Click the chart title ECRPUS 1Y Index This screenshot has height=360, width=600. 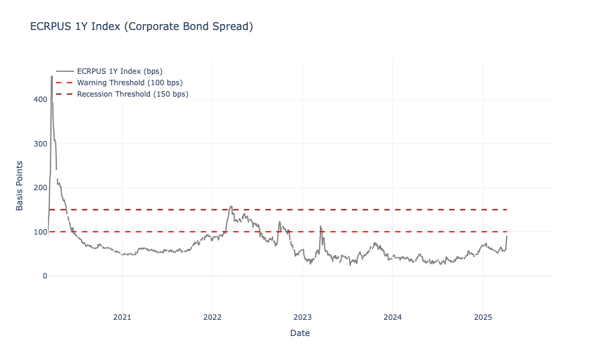pos(142,26)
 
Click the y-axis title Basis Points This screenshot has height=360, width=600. pos(20,185)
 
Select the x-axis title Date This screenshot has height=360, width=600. pos(299,333)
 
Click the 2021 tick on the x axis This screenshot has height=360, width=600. pos(122,317)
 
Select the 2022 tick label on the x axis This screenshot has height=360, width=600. pos(212,317)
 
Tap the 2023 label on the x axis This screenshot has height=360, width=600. pos(302,317)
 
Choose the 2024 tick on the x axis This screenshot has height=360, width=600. pos(392,317)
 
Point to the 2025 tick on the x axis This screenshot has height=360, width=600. pos(483,317)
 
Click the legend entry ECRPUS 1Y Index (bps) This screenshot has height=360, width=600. pos(119,71)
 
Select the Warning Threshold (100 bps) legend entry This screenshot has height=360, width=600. pos(130,82)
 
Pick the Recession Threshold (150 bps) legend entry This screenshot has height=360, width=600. pos(133,94)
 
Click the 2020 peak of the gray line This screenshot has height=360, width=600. pos(52,76)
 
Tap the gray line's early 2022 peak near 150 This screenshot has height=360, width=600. pos(231,206)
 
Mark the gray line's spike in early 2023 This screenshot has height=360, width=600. pos(321,226)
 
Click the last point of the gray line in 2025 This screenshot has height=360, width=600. pos(506,236)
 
